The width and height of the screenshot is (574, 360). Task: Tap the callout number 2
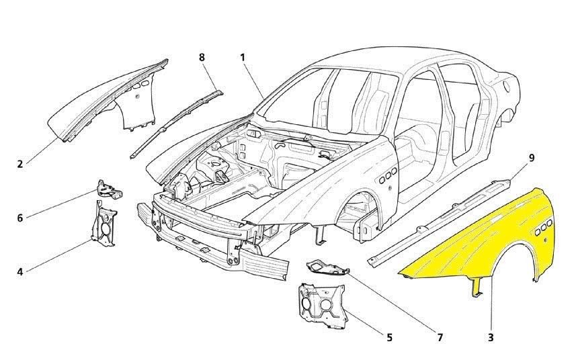click(20, 163)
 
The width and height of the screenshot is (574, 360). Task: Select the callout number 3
click(491, 337)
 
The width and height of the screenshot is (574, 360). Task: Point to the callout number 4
click(20, 271)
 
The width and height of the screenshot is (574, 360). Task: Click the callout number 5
click(389, 336)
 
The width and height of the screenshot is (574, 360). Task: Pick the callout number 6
click(20, 218)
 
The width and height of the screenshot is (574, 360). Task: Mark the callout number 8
click(202, 57)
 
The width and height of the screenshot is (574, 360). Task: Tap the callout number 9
click(531, 158)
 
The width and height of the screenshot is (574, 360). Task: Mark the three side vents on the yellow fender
click(544, 226)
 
